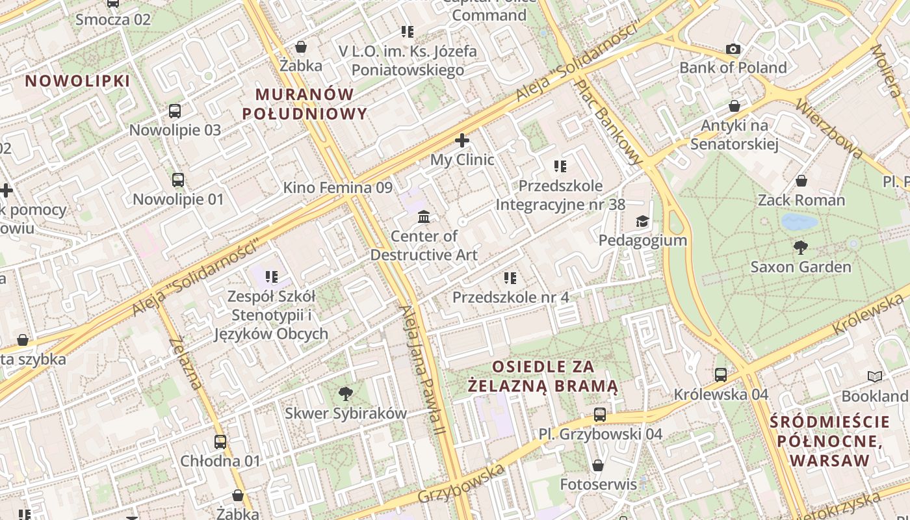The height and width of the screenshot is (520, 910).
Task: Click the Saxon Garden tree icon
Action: (801, 247)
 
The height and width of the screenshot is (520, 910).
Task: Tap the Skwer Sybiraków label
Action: (346, 413)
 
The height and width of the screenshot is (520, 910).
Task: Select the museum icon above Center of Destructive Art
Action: (424, 216)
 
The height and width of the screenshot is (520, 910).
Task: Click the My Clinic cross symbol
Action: (462, 140)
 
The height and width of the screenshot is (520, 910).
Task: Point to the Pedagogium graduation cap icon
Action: (642, 221)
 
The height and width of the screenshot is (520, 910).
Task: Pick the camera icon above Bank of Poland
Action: (733, 49)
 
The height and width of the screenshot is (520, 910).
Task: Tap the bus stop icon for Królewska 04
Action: (721, 374)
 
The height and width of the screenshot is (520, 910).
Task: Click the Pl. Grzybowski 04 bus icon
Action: (600, 414)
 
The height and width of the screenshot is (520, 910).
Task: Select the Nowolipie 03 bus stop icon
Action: (175, 110)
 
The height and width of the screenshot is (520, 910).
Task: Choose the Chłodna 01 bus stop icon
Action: (220, 442)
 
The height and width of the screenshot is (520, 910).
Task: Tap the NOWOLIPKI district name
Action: (78, 81)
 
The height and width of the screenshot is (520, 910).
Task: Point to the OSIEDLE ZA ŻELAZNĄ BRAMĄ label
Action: (543, 376)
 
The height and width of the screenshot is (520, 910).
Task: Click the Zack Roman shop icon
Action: (801, 181)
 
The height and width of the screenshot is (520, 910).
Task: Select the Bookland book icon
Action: (875, 376)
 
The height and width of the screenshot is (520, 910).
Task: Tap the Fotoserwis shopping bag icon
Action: (598, 465)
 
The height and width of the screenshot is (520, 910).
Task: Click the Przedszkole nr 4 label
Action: (510, 297)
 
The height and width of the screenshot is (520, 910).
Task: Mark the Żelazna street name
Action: (185, 364)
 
